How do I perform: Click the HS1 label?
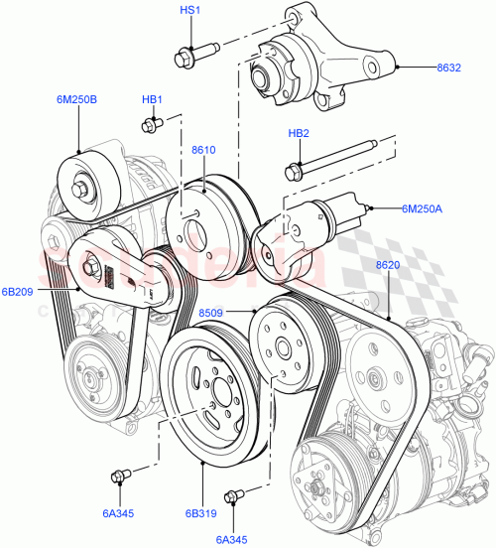(188, 11)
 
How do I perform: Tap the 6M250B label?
(76, 99)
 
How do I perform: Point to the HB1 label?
(152, 99)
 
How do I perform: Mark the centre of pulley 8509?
(282, 346)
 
